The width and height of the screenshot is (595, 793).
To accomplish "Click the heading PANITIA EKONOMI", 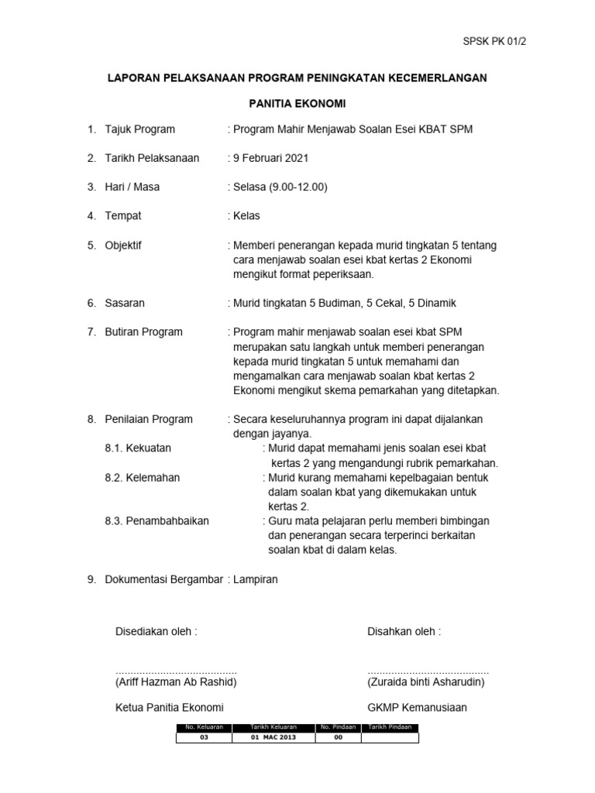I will [x=297, y=103].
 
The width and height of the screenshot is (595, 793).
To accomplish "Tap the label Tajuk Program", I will [x=140, y=129].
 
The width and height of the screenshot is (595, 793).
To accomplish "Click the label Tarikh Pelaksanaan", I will [x=152, y=158].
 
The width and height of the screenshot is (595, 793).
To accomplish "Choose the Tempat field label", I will [x=123, y=215].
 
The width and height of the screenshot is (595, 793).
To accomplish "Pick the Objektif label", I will [x=123, y=245].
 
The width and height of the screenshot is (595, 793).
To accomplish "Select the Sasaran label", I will [x=125, y=303].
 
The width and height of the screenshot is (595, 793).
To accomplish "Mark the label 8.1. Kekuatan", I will [x=138, y=448].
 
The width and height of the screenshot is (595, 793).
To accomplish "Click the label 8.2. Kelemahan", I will [x=142, y=477].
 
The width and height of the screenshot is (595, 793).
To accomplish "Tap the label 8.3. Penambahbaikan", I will [x=156, y=521].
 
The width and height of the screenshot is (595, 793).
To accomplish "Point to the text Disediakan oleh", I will [x=156, y=631].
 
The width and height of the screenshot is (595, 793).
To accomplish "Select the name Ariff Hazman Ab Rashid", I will [x=176, y=681].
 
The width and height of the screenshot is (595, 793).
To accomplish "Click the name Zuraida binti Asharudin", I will [x=426, y=681].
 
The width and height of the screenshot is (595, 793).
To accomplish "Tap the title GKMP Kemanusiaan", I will [x=417, y=707].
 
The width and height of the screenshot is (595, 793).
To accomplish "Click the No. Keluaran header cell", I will [x=205, y=728].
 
